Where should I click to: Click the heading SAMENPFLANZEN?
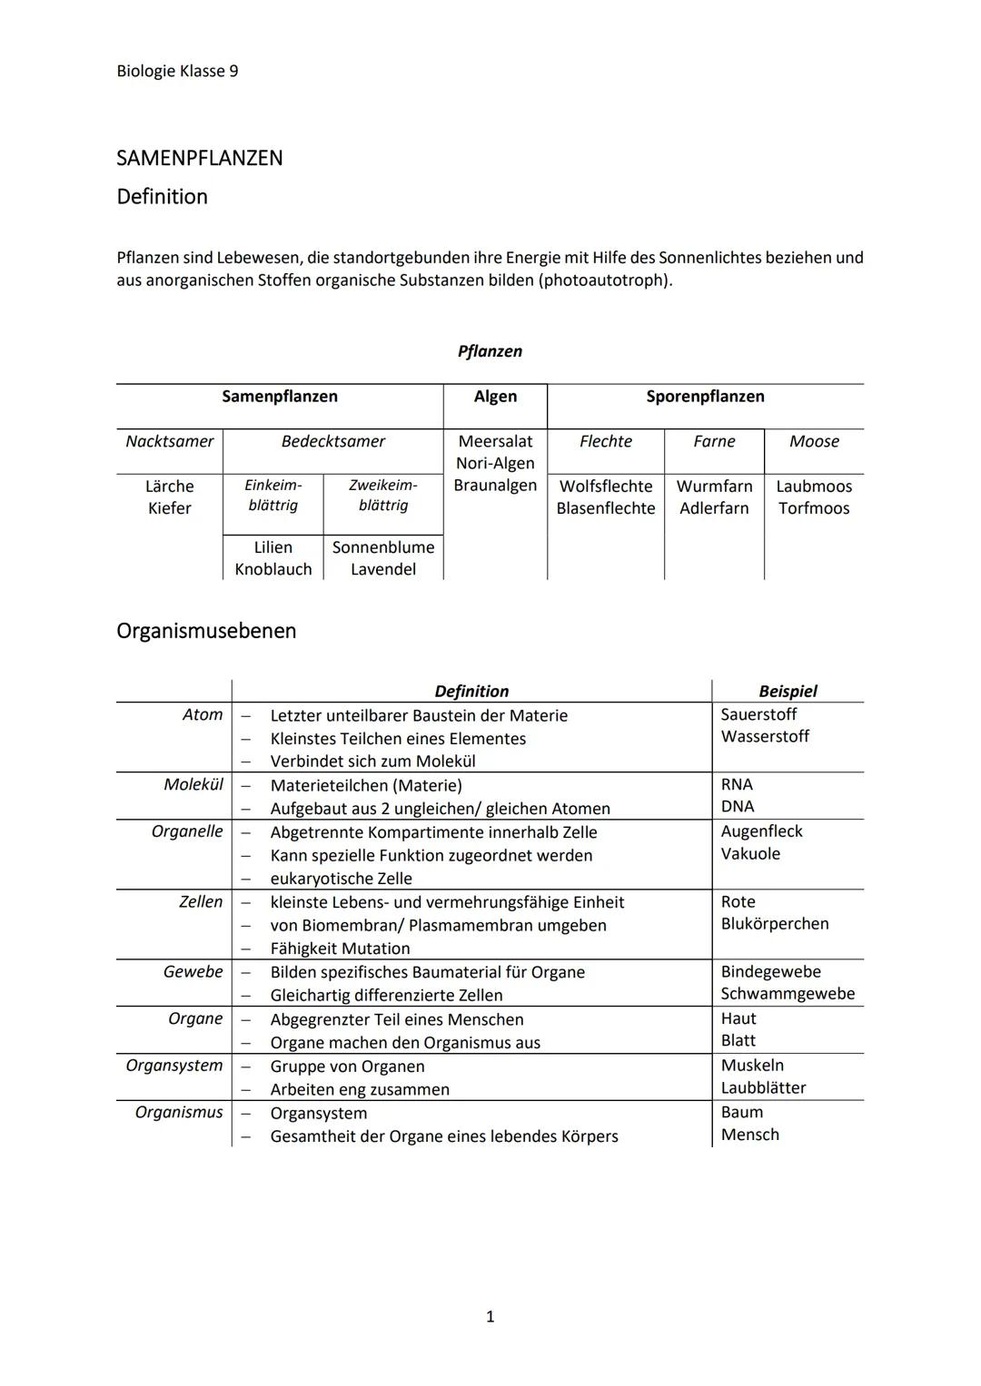[199, 158]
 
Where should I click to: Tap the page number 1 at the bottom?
[490, 1316]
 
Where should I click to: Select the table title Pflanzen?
[490, 351]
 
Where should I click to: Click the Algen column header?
[495, 397]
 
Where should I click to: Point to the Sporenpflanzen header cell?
[705, 397]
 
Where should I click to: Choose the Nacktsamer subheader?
[170, 441]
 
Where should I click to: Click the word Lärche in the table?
[170, 487]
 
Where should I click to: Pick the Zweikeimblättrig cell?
[383, 496]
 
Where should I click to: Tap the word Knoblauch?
[273, 569]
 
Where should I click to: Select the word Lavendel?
[383, 569]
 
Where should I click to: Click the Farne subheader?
[714, 441]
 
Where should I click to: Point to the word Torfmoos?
[814, 508]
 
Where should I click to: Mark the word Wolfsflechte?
[606, 487]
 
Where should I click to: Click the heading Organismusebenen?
[206, 631]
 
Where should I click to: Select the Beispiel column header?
[788, 691]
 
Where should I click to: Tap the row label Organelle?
[187, 831]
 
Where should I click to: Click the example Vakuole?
[750, 854]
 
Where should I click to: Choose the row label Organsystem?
[174, 1066]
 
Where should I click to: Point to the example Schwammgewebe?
[788, 994]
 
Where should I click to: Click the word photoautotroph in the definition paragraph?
[605, 280]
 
